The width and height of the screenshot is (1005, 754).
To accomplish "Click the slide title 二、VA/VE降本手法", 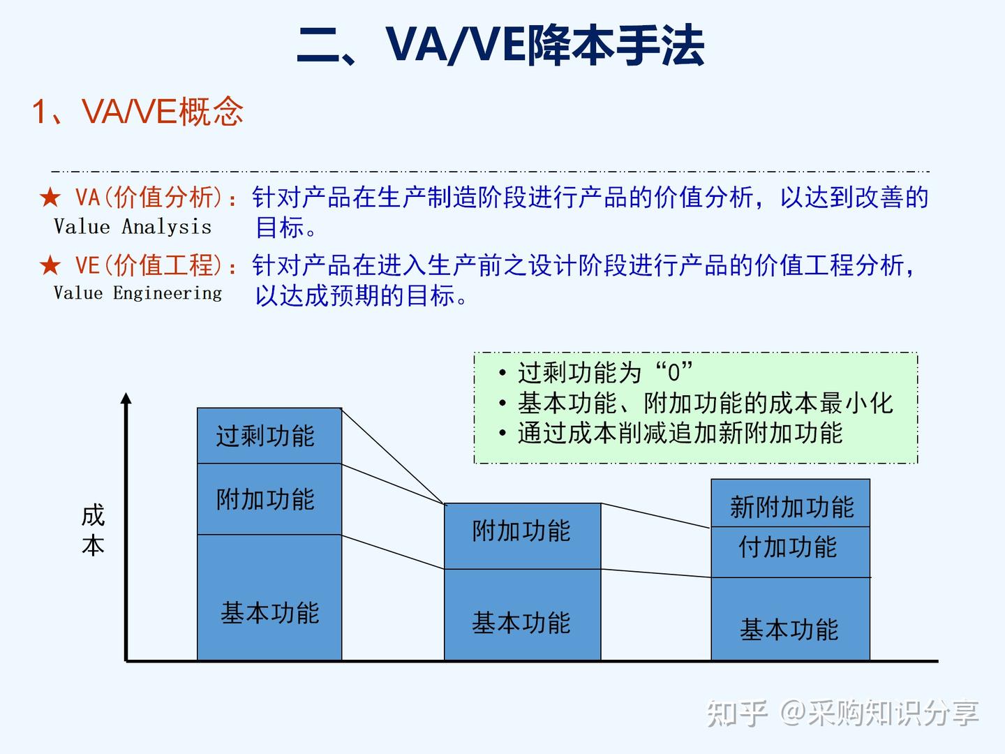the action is click(500, 45).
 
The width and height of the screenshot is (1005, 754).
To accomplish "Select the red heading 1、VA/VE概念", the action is click(137, 111).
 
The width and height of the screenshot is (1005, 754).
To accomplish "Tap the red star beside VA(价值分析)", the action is click(50, 198).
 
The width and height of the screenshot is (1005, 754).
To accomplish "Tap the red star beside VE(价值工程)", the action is click(50, 265).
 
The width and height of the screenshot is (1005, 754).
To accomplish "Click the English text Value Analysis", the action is click(133, 227).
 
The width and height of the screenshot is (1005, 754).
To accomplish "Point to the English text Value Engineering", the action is click(137, 293).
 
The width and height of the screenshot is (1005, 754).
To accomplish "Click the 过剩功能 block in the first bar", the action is click(269, 436).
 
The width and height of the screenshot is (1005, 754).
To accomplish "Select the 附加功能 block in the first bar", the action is click(269, 499).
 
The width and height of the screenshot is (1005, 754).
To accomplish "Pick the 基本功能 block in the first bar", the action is click(269, 598).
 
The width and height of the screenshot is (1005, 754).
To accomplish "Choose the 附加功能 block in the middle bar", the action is click(523, 536).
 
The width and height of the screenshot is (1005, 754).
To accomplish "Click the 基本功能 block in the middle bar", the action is click(523, 615).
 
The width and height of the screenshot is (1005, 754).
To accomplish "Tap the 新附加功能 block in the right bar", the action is click(790, 503).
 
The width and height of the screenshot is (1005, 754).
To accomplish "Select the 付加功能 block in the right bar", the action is click(790, 552).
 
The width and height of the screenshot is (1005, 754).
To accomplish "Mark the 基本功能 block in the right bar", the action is click(790, 619).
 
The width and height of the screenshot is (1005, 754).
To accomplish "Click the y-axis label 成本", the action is click(93, 530).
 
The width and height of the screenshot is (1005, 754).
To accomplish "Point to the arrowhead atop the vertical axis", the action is click(126, 398).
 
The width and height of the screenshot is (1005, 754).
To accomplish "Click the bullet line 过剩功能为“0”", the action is click(595, 372).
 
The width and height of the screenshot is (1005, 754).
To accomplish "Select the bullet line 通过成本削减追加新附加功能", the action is click(670, 433).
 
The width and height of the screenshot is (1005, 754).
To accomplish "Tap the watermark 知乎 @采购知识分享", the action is click(842, 714).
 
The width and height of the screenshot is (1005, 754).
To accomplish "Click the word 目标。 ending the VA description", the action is click(285, 228).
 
